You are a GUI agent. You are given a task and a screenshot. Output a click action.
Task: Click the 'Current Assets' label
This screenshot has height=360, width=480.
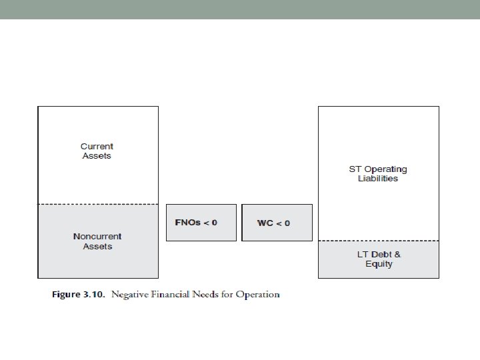click(97, 151)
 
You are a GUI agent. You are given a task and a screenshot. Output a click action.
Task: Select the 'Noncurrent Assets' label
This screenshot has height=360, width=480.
click(97, 241)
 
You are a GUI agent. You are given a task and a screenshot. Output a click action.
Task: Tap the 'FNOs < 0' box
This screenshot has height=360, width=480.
click(201, 222)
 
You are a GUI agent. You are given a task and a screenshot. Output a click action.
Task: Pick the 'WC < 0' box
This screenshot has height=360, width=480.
click(277, 222)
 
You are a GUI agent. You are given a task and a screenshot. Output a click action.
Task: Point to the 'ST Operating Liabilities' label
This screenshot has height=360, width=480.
click(378, 173)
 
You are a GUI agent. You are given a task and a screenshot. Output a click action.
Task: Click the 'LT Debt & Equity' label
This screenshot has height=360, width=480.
click(379, 259)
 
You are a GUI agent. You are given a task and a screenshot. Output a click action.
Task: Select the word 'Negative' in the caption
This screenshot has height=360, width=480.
click(130, 295)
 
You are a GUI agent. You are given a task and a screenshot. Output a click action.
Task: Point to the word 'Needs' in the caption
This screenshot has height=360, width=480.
click(209, 295)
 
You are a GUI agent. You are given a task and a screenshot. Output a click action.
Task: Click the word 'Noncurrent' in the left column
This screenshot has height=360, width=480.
click(97, 236)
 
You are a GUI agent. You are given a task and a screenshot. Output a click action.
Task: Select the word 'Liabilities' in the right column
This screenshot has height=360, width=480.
click(378, 179)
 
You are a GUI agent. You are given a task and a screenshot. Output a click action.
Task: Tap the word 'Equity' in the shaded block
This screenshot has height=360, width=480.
click(379, 264)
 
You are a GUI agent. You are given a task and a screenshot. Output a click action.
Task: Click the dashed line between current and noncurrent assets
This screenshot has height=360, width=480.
click(98, 204)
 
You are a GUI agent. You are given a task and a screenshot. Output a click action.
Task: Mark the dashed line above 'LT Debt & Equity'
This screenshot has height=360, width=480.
click(379, 241)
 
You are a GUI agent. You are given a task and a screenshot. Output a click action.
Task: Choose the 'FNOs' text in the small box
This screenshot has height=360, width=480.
click(188, 222)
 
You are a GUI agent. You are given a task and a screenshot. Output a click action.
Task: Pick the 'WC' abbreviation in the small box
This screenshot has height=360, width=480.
click(265, 223)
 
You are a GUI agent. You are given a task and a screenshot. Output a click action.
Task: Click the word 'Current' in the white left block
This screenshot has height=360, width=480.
click(97, 146)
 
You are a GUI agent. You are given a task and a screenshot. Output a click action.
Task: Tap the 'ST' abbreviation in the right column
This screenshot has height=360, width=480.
click(355, 169)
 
